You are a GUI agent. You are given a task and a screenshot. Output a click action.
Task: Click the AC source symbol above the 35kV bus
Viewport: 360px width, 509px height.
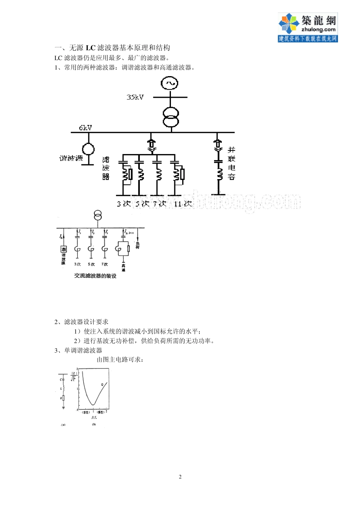pos(169,83)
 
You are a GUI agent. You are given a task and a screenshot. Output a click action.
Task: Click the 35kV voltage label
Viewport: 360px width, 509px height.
pos(135,97)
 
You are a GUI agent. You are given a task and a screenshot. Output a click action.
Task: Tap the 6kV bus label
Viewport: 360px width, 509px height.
pos(85,128)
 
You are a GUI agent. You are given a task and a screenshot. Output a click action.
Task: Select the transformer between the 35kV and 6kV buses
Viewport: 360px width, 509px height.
pos(171,117)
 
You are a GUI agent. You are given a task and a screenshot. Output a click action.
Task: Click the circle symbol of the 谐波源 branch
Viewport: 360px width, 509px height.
pos(88,149)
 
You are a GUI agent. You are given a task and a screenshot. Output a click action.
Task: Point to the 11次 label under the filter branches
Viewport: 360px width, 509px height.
pos(182,204)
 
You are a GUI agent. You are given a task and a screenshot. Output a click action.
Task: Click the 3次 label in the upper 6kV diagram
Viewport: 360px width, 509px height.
pos(124,204)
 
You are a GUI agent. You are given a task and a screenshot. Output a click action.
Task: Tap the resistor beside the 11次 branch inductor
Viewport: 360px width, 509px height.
pos(182,174)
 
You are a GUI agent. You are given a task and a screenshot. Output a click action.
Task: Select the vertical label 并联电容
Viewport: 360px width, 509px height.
pos(232,163)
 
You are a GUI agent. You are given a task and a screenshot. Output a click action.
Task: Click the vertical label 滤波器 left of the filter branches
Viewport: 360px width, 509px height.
pos(106,168)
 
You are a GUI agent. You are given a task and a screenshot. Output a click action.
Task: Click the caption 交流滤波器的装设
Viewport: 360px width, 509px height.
pos(95,276)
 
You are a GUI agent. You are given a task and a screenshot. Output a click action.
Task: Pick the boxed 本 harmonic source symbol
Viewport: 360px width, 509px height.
pos(64,249)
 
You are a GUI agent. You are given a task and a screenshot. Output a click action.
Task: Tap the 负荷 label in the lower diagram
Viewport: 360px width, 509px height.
pos(138,245)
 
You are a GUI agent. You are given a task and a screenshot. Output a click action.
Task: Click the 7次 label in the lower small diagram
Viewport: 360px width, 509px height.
pos(104,264)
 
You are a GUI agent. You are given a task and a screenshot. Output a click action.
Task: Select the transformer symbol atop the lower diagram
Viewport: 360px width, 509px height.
pos(98,216)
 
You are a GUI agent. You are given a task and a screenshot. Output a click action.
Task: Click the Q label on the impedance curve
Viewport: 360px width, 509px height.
pos(102,384)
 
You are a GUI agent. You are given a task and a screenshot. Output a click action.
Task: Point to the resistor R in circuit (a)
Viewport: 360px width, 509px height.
pos(63,398)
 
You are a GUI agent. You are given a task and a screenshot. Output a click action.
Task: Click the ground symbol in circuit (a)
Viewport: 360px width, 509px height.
pos(63,408)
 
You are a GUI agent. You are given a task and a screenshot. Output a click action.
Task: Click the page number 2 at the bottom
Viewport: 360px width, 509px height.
pos(180,477)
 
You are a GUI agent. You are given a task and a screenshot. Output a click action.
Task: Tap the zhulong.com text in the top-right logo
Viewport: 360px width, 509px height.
pos(318,30)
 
